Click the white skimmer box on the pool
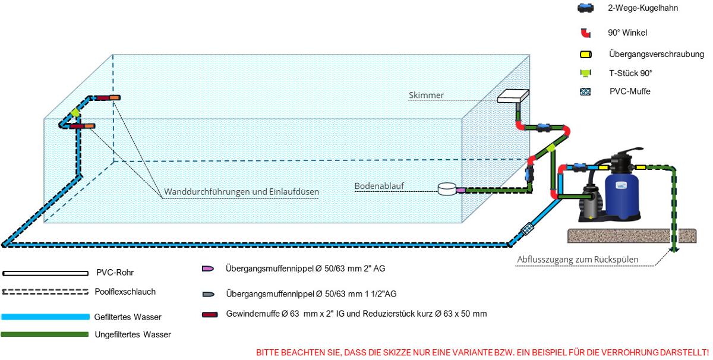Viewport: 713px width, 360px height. (x=513, y=96)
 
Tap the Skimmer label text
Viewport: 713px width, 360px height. (x=426, y=95)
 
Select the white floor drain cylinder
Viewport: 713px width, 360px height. (x=447, y=189)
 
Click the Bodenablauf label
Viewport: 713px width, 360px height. (x=379, y=186)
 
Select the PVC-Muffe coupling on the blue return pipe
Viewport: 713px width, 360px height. (x=527, y=229)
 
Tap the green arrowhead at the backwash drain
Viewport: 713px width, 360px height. (x=674, y=250)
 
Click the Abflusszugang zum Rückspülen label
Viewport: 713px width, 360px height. (x=578, y=260)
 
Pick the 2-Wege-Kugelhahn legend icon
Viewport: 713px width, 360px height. (x=586, y=8)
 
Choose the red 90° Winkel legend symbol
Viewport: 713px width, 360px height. (x=586, y=33)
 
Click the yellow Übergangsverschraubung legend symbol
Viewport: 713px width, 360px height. (x=586, y=55)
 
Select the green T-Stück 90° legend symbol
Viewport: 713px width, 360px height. (x=586, y=73)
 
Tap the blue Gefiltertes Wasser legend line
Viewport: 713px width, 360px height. (x=45, y=317)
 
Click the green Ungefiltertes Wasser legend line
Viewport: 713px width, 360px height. (x=45, y=334)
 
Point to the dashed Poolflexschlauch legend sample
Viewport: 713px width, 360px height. (x=45, y=292)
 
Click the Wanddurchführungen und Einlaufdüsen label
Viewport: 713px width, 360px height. (x=241, y=192)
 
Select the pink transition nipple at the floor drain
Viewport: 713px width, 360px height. (x=460, y=190)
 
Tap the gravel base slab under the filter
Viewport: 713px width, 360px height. (x=632, y=236)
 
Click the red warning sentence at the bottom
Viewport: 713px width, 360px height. (x=482, y=352)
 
